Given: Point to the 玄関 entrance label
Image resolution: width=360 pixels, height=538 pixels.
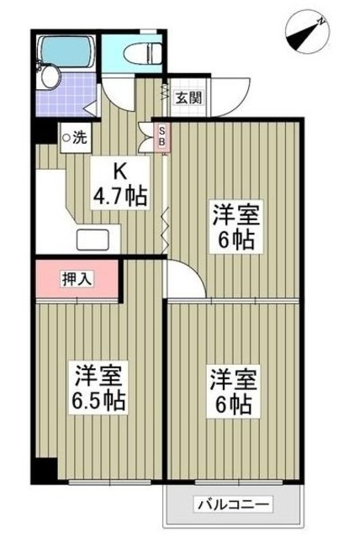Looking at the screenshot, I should click(188, 97).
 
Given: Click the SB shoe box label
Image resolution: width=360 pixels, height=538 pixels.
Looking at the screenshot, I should click(163, 136).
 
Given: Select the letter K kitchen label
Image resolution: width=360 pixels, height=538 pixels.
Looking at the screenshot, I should click(119, 173).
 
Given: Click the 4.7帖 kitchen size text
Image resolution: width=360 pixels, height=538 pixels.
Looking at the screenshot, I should click(119, 198).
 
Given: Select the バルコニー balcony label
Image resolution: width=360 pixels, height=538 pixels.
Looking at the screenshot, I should click(233, 504).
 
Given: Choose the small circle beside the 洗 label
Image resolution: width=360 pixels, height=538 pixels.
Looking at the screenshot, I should click(66, 134).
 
